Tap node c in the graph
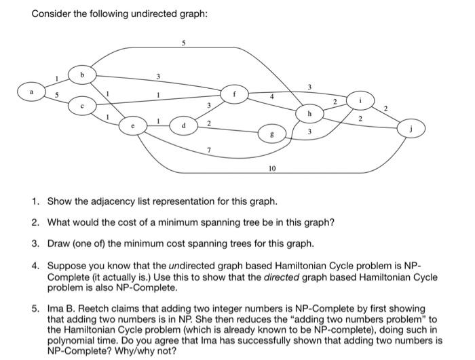click(83, 106)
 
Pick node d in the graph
click(184, 125)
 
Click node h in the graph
click(309, 113)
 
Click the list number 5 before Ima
click(35, 308)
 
